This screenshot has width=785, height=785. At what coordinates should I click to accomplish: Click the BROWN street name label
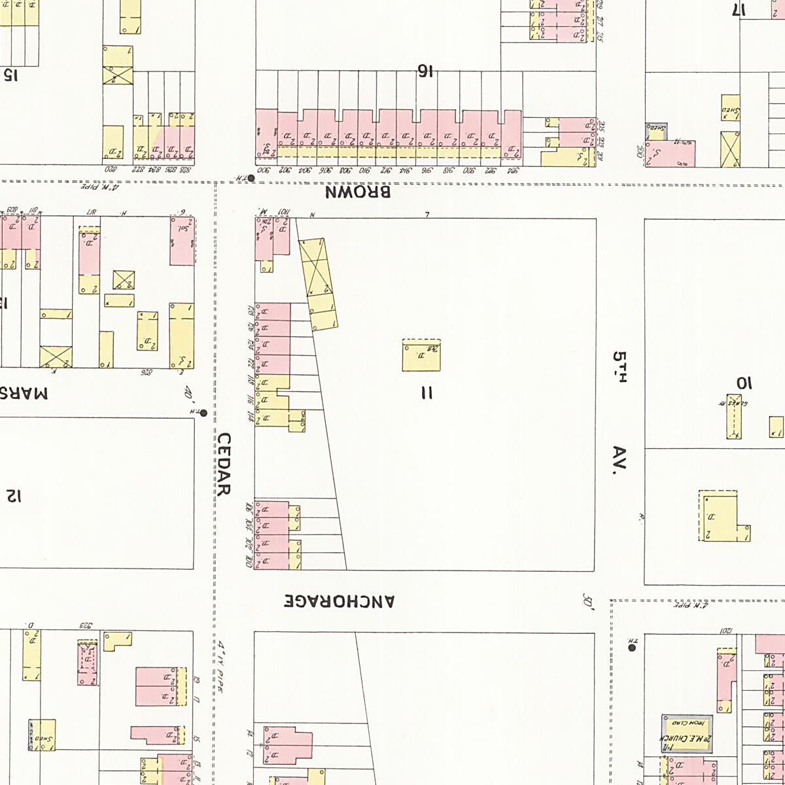pyautogui.click(x=358, y=192)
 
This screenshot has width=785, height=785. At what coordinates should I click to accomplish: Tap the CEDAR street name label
pyautogui.click(x=224, y=464)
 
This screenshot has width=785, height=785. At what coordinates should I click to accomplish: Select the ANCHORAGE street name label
pyautogui.click(x=340, y=601)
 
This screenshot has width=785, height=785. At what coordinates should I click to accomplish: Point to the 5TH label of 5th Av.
pyautogui.click(x=619, y=367)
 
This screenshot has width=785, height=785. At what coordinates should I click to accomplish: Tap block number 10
pyautogui.click(x=743, y=383)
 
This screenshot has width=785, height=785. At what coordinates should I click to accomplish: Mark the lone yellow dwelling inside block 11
pyautogui.click(x=421, y=355)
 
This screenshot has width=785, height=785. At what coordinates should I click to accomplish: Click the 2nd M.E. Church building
pyautogui.click(x=686, y=733)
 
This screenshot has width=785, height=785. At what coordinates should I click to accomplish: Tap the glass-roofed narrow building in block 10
pyautogui.click(x=734, y=416)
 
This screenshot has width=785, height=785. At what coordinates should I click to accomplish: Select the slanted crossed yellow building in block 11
pyautogui.click(x=319, y=283)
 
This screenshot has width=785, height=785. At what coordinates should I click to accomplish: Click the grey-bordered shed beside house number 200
pyautogui.click(x=655, y=131)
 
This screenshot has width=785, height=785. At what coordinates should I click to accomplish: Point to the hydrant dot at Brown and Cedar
pyautogui.click(x=251, y=177)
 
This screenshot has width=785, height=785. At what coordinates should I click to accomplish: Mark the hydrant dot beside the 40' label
pyautogui.click(x=203, y=413)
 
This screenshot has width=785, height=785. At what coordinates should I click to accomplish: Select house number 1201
pyautogui.click(x=725, y=631)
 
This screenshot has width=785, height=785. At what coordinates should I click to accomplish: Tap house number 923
pyautogui.click(x=86, y=625)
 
